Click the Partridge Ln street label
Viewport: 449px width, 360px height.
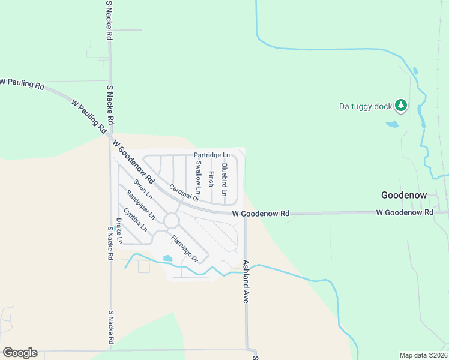coord(211,155)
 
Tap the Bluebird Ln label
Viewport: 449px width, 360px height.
coord(224,179)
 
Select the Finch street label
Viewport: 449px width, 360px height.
coord(211,178)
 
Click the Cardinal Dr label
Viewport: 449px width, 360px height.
coord(184,193)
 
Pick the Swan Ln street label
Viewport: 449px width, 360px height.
coord(143,190)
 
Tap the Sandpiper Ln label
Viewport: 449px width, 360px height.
coord(140,205)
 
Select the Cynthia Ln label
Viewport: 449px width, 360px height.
coord(135,220)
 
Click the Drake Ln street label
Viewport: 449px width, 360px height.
coord(119,231)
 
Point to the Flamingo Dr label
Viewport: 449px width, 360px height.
coord(184,249)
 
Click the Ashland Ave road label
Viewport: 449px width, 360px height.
coord(245,281)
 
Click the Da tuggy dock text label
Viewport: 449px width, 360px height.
coord(365,107)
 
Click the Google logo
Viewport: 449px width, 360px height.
coord(20,353)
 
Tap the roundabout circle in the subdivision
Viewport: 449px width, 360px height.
coord(172,221)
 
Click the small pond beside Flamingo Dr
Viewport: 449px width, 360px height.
coord(167,259)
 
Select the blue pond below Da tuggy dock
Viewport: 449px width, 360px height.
coord(392,124)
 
